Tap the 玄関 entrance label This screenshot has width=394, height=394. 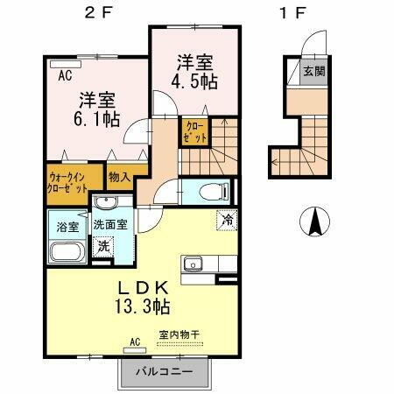(313, 72)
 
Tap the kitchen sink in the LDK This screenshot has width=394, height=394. (193, 264)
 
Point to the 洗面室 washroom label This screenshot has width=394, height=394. (111, 223)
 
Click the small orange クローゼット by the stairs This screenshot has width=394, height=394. (193, 132)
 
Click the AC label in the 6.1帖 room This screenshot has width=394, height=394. (65, 76)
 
